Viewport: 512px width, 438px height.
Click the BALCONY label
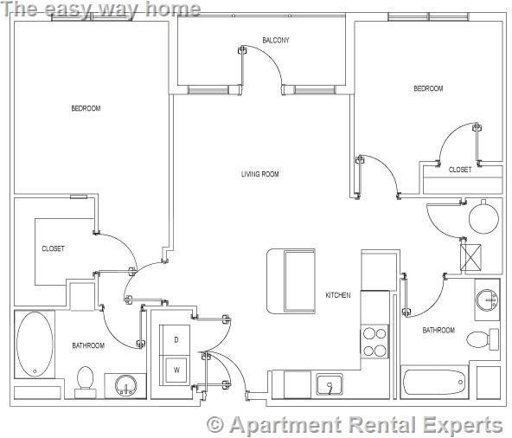(x=275, y=41)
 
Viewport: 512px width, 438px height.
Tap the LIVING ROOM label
(x=259, y=174)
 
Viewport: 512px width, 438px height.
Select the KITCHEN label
(x=337, y=295)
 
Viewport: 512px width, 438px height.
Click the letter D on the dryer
(x=176, y=339)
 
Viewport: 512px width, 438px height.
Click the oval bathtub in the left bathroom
(x=35, y=344)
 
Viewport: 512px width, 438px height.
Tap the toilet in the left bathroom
(x=85, y=380)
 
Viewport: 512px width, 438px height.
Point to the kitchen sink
(x=329, y=383)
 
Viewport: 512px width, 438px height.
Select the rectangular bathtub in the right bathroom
(x=436, y=382)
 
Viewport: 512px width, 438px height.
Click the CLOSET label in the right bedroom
(x=460, y=170)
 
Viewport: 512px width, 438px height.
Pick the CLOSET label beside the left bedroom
(x=53, y=248)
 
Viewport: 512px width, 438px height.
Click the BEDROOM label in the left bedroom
(x=86, y=108)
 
